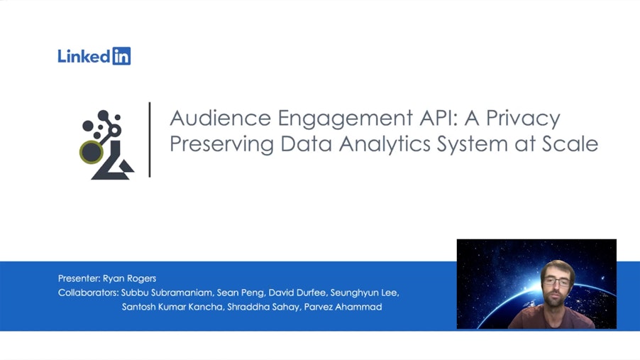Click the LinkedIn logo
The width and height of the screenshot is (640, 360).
(94, 56)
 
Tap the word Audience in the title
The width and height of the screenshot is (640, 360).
(221, 118)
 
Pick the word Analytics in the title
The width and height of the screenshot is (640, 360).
(385, 145)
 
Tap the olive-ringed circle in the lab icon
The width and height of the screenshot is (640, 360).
(91, 153)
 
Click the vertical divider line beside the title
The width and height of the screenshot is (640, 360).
(150, 140)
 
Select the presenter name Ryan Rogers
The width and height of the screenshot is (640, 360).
(129, 278)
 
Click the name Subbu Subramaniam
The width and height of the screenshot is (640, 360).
(167, 293)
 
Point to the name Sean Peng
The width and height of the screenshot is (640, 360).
(241, 293)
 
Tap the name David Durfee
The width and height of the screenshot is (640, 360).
(297, 293)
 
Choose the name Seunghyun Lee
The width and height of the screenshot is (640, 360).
(365, 293)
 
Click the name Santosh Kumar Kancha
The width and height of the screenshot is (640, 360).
(172, 307)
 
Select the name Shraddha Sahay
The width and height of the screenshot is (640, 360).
(263, 307)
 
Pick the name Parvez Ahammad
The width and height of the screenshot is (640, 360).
(343, 307)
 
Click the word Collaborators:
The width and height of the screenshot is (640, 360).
(88, 293)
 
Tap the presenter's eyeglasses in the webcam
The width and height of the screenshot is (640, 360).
(557, 282)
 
